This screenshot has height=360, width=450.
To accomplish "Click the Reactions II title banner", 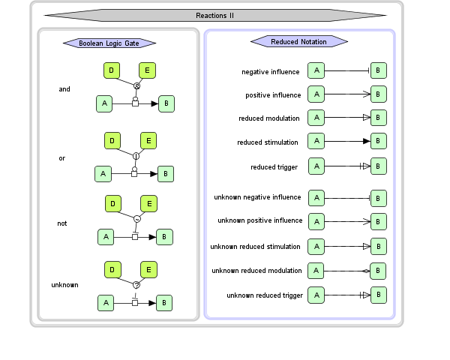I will point(215,14).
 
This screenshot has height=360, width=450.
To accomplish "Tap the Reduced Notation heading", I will point(298,41).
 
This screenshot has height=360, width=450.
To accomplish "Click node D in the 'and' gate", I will point(112,70).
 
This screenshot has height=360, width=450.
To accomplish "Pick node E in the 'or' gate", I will point(148,140).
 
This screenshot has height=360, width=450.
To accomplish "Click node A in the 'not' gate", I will point(106,236).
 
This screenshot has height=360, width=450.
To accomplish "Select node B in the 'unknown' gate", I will point(166,303).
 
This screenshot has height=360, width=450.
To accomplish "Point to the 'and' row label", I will point(64,89).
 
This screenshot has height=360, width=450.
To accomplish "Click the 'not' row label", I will point(63,223).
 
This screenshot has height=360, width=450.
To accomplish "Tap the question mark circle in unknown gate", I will point(136,285).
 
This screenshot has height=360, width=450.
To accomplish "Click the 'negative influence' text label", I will point(271,72).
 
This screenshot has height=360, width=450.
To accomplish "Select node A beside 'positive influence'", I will point(316,94).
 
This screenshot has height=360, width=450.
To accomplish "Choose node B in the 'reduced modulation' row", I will point(379,118).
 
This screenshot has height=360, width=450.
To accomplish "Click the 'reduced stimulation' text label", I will point(268,142).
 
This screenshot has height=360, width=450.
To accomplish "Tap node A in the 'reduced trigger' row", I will point(316,166).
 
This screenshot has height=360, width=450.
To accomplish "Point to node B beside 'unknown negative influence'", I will point(379,198).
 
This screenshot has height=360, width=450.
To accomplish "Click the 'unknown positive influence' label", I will point(260,220).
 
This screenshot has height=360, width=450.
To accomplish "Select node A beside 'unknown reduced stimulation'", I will point(316,246).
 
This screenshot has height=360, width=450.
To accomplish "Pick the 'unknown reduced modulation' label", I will point(256,271).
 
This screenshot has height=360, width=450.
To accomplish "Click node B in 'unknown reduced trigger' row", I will point(379,295).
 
